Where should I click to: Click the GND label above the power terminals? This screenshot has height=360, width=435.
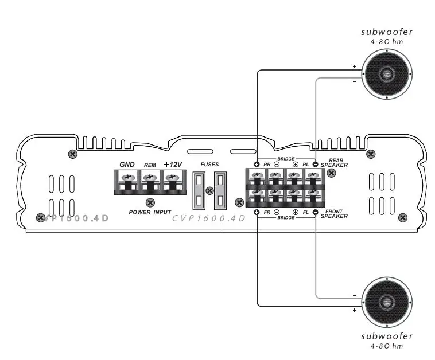tap(127, 165)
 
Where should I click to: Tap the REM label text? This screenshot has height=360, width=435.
tap(150, 165)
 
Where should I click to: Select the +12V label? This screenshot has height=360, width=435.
tap(173, 165)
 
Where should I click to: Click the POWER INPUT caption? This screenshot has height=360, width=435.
tap(150, 212)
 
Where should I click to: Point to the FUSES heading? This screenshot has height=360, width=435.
tap(209, 165)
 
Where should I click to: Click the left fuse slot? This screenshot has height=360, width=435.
tap(199, 191)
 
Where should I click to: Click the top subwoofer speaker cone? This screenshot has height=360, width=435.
tap(386, 74)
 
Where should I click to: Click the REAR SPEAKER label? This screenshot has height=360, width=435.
tap(334, 162)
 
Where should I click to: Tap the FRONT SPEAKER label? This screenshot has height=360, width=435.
tap(334, 214)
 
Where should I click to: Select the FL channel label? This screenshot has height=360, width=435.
tap(305, 213)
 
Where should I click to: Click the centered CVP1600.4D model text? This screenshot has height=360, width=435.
tap(209, 218)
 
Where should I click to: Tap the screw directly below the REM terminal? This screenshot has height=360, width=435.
tap(150, 202)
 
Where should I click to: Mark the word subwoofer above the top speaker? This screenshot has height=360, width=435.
tap(386, 32)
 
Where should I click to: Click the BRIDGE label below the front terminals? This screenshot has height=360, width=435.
tap(285, 218)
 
